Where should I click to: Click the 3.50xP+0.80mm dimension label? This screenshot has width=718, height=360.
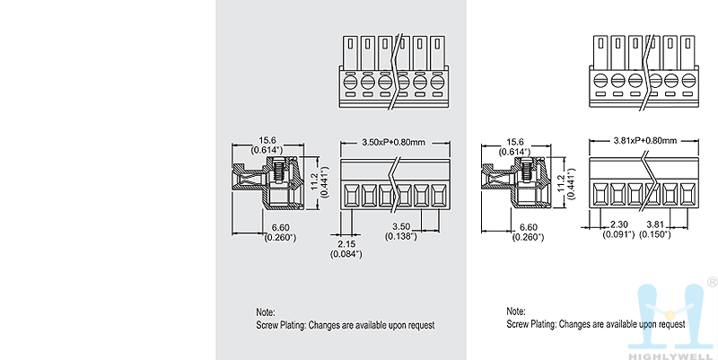coord(392,142)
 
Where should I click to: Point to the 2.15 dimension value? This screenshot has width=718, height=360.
coord(346,244)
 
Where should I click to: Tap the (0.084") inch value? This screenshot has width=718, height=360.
coord(346,254)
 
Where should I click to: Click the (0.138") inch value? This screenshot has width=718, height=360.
coord(401,235)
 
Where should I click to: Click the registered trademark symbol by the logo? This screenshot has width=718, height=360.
coord(712,282)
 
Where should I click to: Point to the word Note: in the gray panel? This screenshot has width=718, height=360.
coord(267,312)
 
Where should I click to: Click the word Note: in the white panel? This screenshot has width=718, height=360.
coord(517,312)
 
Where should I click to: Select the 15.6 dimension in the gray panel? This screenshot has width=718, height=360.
coord(267,140)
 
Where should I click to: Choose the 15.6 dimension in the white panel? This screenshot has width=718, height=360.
coord(516,140)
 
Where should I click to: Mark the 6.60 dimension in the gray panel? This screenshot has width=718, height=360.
coord(279,227)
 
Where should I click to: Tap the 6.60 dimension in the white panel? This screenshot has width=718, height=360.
coord(529,227)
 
